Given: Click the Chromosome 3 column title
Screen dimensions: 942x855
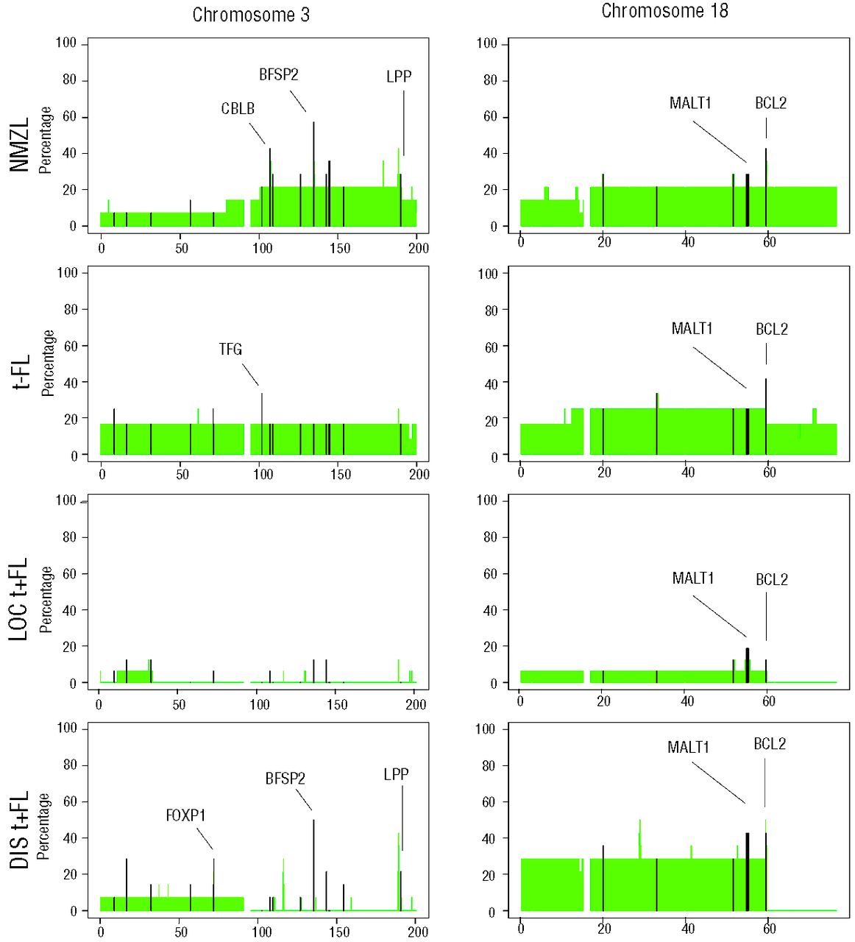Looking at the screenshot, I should tap(251, 15).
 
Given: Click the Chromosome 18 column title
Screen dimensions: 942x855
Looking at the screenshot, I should tap(664, 11).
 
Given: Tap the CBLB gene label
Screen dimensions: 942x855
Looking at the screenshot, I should tap(238, 109).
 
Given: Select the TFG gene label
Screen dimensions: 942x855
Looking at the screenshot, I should tap(230, 350).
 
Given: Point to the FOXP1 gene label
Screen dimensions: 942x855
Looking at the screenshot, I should tap(185, 815).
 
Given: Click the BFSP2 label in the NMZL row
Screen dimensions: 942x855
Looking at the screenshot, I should tap(279, 75).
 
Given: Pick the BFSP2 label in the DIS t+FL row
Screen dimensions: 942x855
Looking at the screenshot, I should tap(285, 779).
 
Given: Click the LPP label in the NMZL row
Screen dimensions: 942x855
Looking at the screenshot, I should tap(399, 77).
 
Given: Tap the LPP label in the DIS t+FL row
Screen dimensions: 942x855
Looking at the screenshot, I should tap(396, 775).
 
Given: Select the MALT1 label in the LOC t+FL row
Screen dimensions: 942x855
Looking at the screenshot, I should tap(693, 578).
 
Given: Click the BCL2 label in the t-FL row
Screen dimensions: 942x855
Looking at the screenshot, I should tap(772, 330).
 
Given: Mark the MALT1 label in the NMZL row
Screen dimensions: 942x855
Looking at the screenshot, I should tap(690, 104).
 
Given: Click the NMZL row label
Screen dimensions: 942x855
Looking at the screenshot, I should tap(20, 144).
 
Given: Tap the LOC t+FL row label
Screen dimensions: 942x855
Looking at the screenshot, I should tap(19, 598).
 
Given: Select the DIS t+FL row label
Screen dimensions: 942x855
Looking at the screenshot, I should tap(19, 829).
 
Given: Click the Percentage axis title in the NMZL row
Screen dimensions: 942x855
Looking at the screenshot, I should tap(46, 140).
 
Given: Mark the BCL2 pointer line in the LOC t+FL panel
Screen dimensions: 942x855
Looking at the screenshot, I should tap(766, 616).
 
